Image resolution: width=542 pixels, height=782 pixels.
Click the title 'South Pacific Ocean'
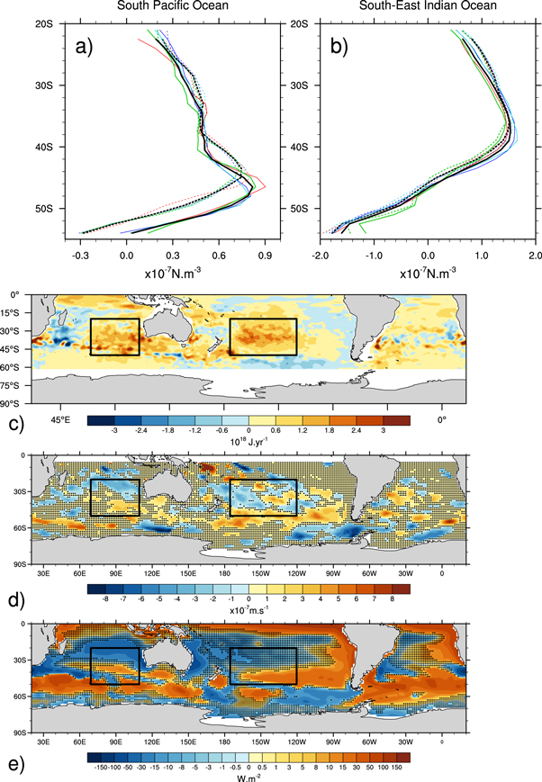coord(164,7)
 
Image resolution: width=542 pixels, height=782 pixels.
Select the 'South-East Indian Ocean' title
coord(428,7)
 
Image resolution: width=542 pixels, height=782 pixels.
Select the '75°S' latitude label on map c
coord(17,382)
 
